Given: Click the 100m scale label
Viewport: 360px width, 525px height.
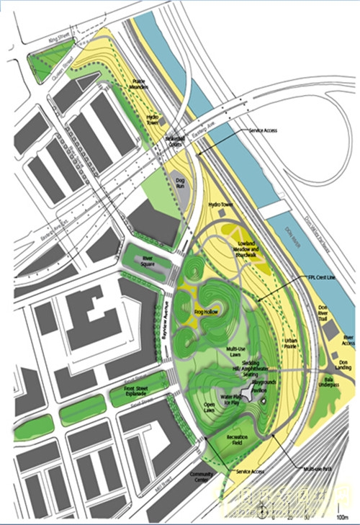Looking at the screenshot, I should [341, 516].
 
